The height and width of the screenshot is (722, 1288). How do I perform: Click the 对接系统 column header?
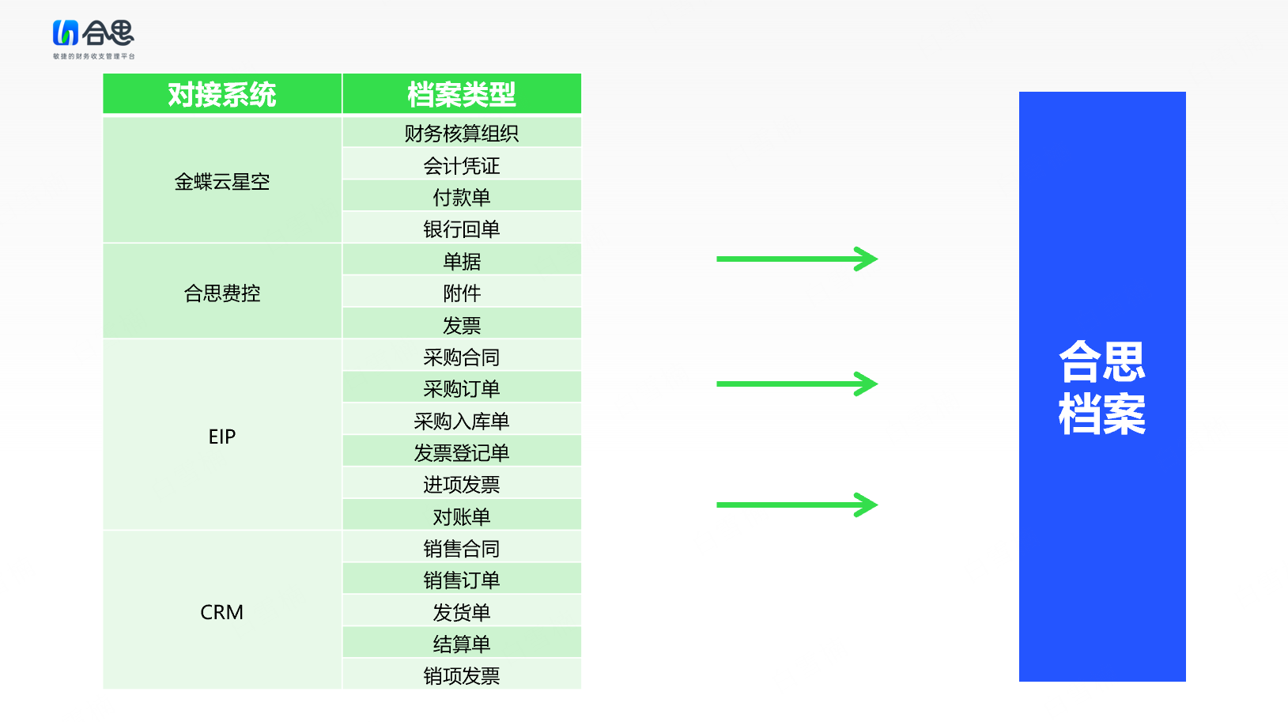tap(222, 94)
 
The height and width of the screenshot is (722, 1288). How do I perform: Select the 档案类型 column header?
tap(461, 94)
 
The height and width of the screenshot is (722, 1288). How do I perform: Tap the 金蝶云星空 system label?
tap(222, 182)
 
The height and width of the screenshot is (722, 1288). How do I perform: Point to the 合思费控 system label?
tap(222, 293)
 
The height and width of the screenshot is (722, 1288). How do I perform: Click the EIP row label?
tap(222, 437)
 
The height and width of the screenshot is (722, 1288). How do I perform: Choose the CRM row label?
tap(222, 612)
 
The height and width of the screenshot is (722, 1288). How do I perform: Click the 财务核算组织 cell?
tap(461, 134)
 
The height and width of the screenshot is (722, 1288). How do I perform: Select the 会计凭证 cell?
tap(461, 166)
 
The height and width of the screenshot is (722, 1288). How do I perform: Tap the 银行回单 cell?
tap(461, 229)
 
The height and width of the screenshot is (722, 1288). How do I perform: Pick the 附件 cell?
tap(461, 293)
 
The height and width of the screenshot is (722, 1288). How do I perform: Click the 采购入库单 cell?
tap(461, 421)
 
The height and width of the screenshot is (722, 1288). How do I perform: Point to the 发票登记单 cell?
tap(461, 453)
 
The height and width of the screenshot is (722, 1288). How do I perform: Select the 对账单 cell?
tap(461, 516)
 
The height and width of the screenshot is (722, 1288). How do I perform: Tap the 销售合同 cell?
tap(461, 548)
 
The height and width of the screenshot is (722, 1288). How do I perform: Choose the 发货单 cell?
tap(461, 612)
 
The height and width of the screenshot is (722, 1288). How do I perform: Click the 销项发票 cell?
tap(461, 676)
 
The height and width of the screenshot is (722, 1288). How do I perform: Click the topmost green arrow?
tap(797, 259)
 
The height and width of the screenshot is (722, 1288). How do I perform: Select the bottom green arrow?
tap(797, 505)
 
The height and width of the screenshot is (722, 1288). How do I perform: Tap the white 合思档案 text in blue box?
tap(1101, 387)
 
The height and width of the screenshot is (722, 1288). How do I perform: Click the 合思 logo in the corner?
tap(94, 39)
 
